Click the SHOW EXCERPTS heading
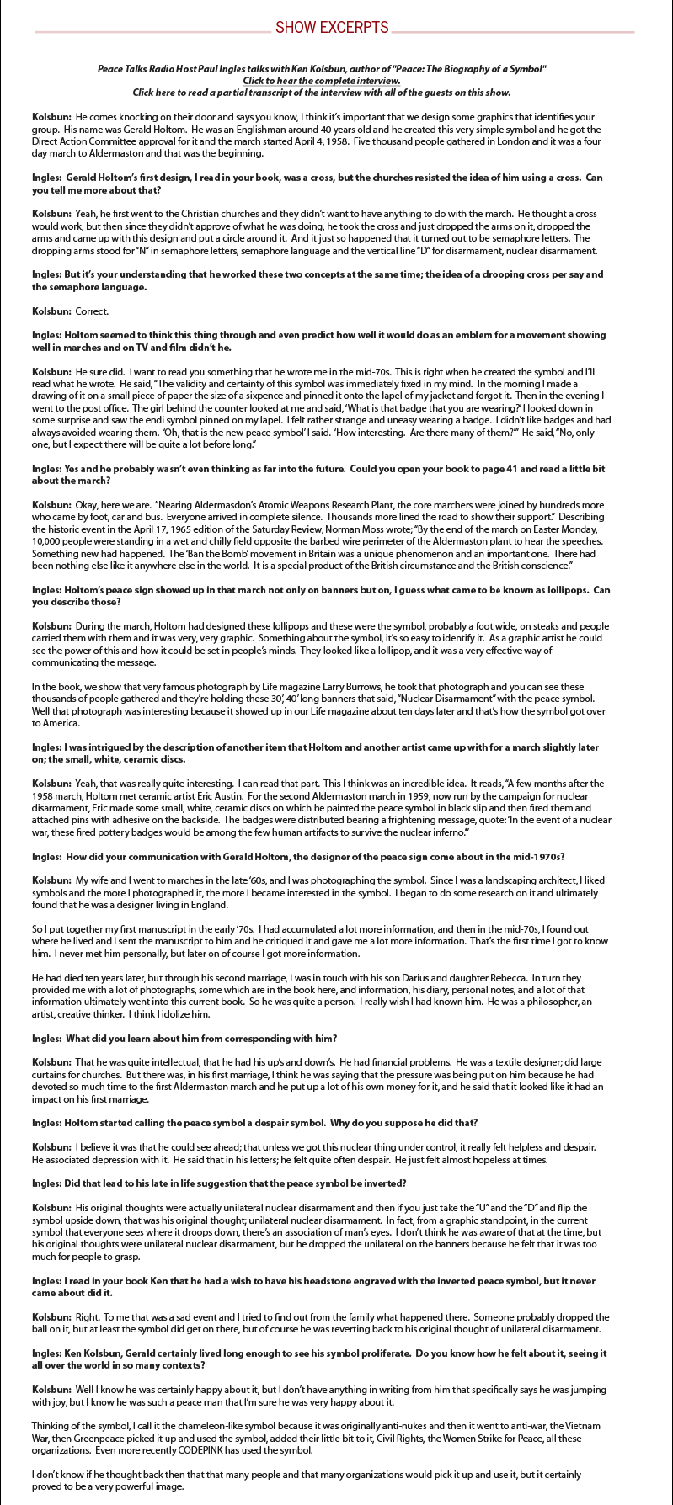332,28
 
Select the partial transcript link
321,92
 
